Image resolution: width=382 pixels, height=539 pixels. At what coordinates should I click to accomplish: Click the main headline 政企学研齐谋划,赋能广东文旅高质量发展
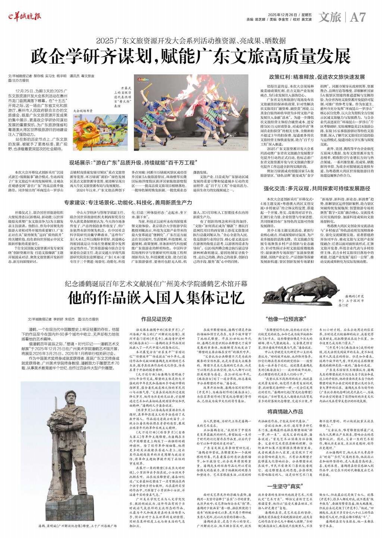[191, 56]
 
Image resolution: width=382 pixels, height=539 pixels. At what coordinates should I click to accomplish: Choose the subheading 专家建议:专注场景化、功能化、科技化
[128, 202]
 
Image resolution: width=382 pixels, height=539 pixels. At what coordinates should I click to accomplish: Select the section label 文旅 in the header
[331, 17]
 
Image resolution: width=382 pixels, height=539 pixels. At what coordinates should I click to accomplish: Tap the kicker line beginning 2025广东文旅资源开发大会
[191, 40]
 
